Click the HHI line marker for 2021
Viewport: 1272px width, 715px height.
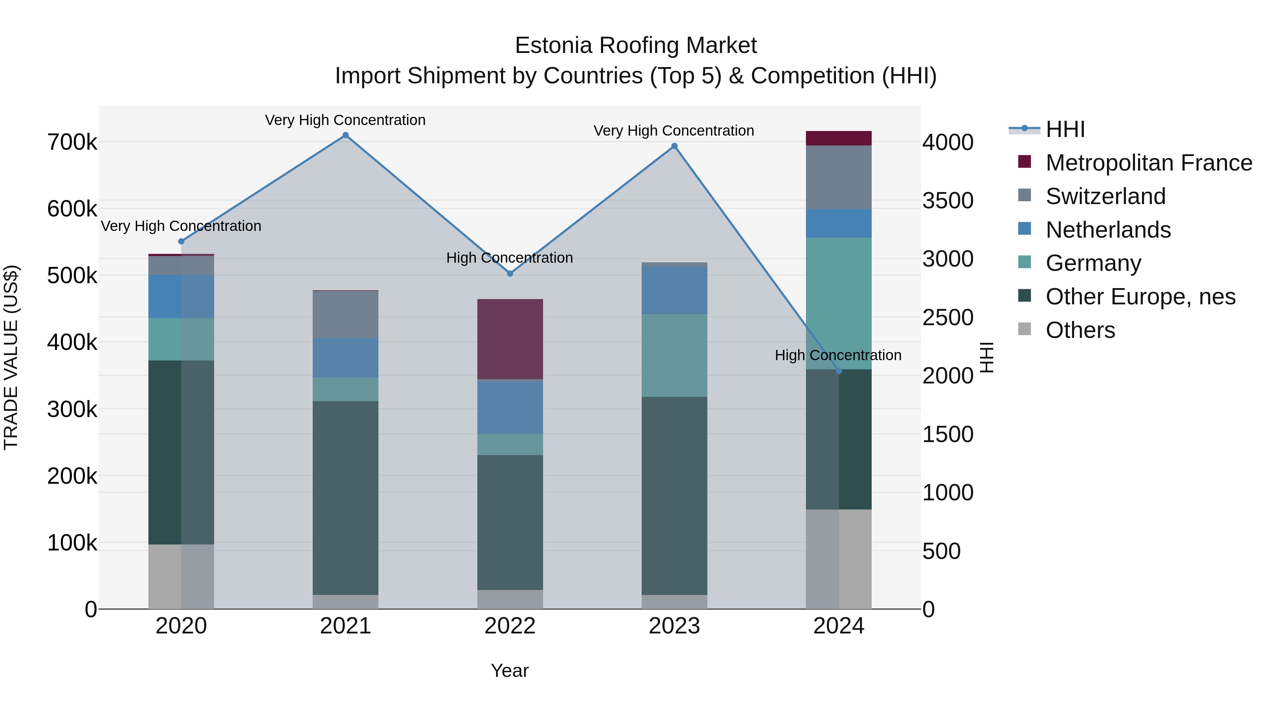tap(346, 135)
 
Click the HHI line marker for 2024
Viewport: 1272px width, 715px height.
tap(838, 371)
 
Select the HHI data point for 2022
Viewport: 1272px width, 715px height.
tap(510, 273)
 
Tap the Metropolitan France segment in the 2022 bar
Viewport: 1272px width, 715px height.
tap(510, 339)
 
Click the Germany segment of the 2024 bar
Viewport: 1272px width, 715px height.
tap(838, 303)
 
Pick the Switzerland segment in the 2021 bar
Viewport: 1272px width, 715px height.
tap(346, 314)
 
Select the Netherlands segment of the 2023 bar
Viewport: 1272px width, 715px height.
tap(674, 290)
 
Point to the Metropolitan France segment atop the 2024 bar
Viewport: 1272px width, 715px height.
tap(838, 138)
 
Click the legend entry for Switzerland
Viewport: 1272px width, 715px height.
tap(1105, 196)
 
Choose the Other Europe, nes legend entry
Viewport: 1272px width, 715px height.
tap(1139, 297)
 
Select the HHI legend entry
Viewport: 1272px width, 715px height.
tap(1065, 129)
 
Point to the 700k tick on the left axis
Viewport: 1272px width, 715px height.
tap(72, 143)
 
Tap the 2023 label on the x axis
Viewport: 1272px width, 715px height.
tap(674, 626)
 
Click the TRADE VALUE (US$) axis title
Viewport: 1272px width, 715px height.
tap(11, 357)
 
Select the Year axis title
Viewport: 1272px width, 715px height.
tap(510, 671)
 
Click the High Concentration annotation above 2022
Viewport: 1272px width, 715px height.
tap(510, 258)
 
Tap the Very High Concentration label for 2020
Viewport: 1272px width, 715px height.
tap(181, 226)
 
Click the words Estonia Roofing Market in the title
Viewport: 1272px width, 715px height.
tap(636, 46)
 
